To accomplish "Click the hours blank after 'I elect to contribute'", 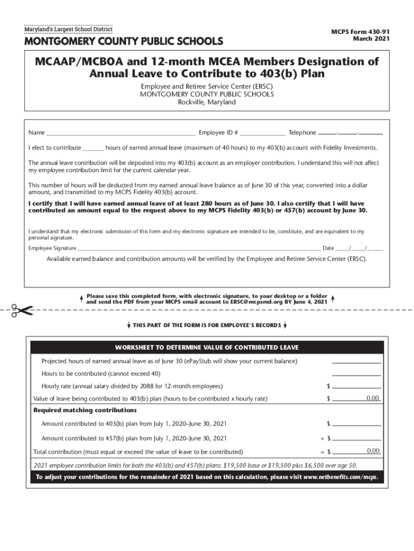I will (93, 147).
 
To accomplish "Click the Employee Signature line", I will (199, 248).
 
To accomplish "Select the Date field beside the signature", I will (359, 248).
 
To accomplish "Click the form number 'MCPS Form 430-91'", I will (360, 32).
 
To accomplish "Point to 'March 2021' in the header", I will (371, 39).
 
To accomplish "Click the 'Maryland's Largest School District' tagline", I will (68, 29).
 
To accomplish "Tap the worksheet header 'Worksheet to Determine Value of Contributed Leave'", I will (207, 347).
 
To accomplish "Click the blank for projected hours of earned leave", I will (356, 361).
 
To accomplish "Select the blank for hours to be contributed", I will (356, 373).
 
